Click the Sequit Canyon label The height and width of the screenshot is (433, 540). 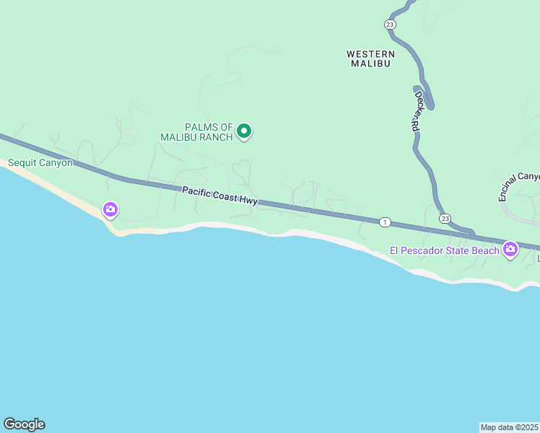click(x=40, y=162)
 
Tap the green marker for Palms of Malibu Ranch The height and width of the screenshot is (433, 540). click(x=244, y=131)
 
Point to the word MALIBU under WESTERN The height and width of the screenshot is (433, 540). click(x=370, y=64)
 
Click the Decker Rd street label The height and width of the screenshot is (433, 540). click(x=417, y=109)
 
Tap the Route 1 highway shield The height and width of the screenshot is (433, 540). click(x=386, y=222)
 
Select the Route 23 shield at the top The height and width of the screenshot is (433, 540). click(x=390, y=24)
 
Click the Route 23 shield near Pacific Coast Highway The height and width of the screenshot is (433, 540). click(x=445, y=219)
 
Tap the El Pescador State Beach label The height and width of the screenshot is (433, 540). click(x=444, y=250)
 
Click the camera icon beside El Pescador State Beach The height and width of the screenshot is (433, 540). click(x=510, y=250)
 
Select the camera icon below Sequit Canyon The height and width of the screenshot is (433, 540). click(x=110, y=209)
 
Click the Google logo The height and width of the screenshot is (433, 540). click(x=24, y=424)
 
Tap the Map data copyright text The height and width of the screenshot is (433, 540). click(x=510, y=427)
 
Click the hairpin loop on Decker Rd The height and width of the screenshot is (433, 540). click(x=428, y=101)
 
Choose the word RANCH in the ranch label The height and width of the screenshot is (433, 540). click(x=216, y=136)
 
